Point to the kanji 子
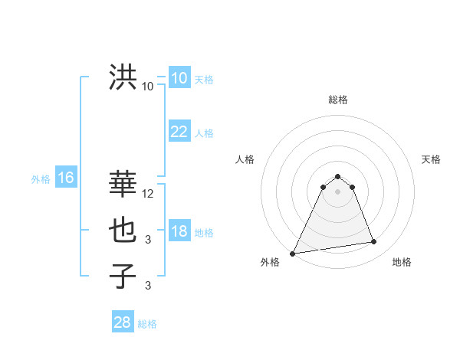point(123,275)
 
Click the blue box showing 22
point(179,132)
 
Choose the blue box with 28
point(122,322)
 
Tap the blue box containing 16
point(66,178)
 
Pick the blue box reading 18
point(179,232)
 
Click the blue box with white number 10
point(179,78)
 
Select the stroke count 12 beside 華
point(148,194)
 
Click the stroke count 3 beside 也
point(148,240)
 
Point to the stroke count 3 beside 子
point(148,286)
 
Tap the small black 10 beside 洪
point(148,87)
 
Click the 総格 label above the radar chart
point(337,100)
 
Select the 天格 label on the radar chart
point(431,159)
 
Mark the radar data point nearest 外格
point(293,254)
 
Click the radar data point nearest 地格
point(374,242)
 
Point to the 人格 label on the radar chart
point(245,159)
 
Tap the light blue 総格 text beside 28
point(147,324)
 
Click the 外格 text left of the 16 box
point(40,179)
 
